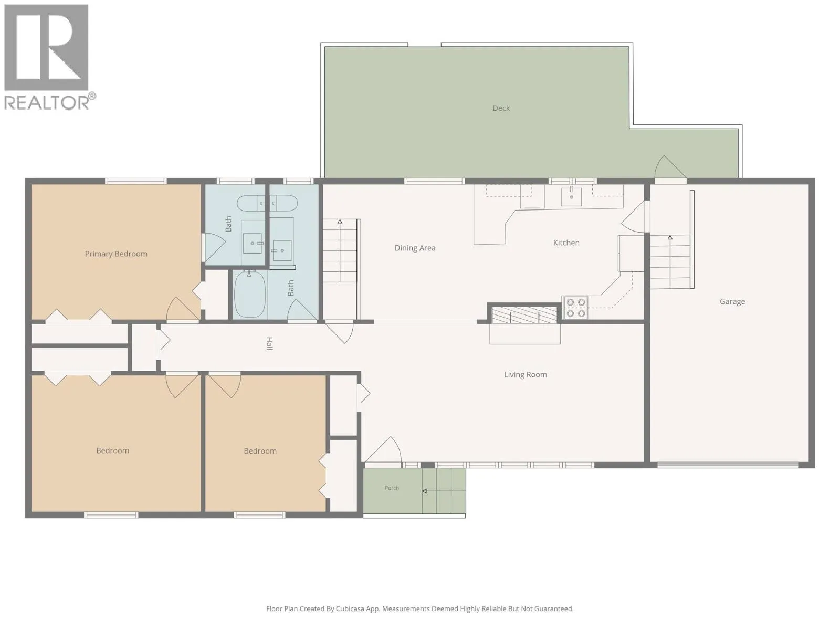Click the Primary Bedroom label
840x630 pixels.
(116, 254)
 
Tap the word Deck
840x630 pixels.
(501, 108)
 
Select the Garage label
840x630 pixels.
(732, 301)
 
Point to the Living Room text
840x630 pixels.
(525, 374)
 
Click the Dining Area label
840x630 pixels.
(415, 248)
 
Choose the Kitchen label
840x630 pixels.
(566, 243)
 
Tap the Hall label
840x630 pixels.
(269, 343)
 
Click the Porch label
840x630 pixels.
(392, 488)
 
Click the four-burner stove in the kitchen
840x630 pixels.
(575, 308)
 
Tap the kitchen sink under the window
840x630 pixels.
(571, 196)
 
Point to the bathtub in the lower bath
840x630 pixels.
(250, 294)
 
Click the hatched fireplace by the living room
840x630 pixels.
(524, 314)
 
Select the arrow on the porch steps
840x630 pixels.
(444, 491)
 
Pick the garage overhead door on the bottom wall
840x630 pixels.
(728, 465)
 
